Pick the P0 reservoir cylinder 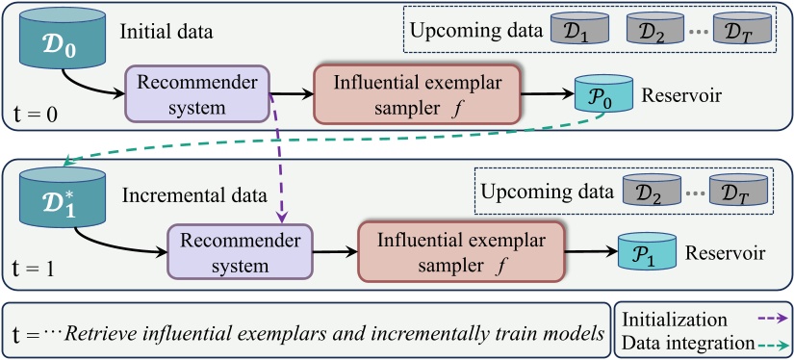pos(602,94)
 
